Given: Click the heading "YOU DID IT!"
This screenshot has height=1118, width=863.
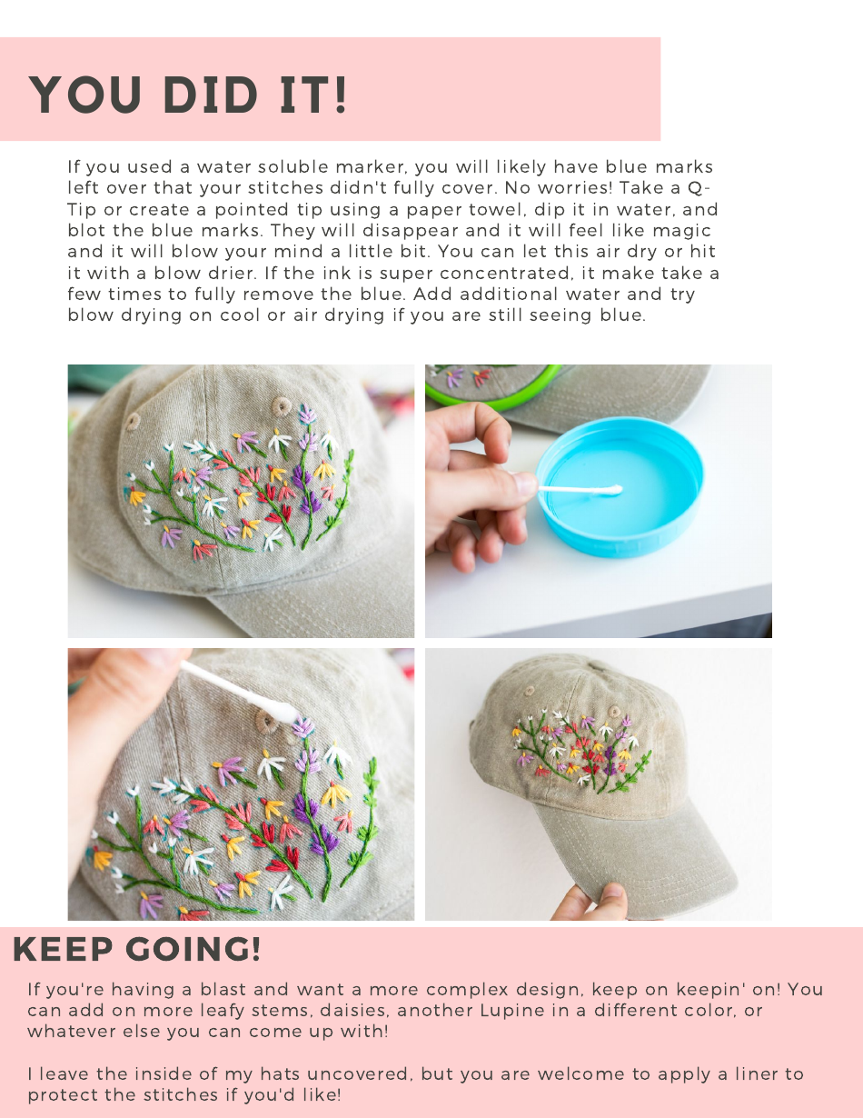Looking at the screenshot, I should [188, 95].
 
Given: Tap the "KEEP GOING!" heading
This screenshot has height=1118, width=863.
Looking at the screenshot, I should [137, 950].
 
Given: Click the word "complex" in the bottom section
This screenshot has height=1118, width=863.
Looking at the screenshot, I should [464, 990].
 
